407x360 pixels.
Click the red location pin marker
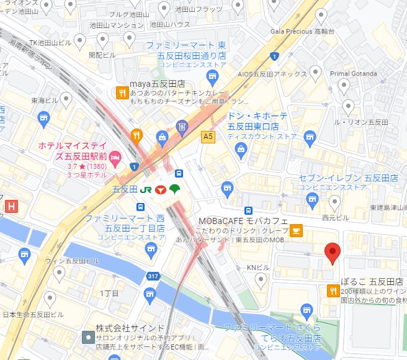click(x=333, y=251)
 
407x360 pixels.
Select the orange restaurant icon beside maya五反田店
click(x=122, y=93)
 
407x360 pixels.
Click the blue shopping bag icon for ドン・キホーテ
click(x=241, y=148)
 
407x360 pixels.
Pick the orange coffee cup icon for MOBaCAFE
click(x=297, y=230)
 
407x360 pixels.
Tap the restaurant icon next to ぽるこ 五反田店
click(x=333, y=290)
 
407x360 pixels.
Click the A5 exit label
click(x=207, y=137)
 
